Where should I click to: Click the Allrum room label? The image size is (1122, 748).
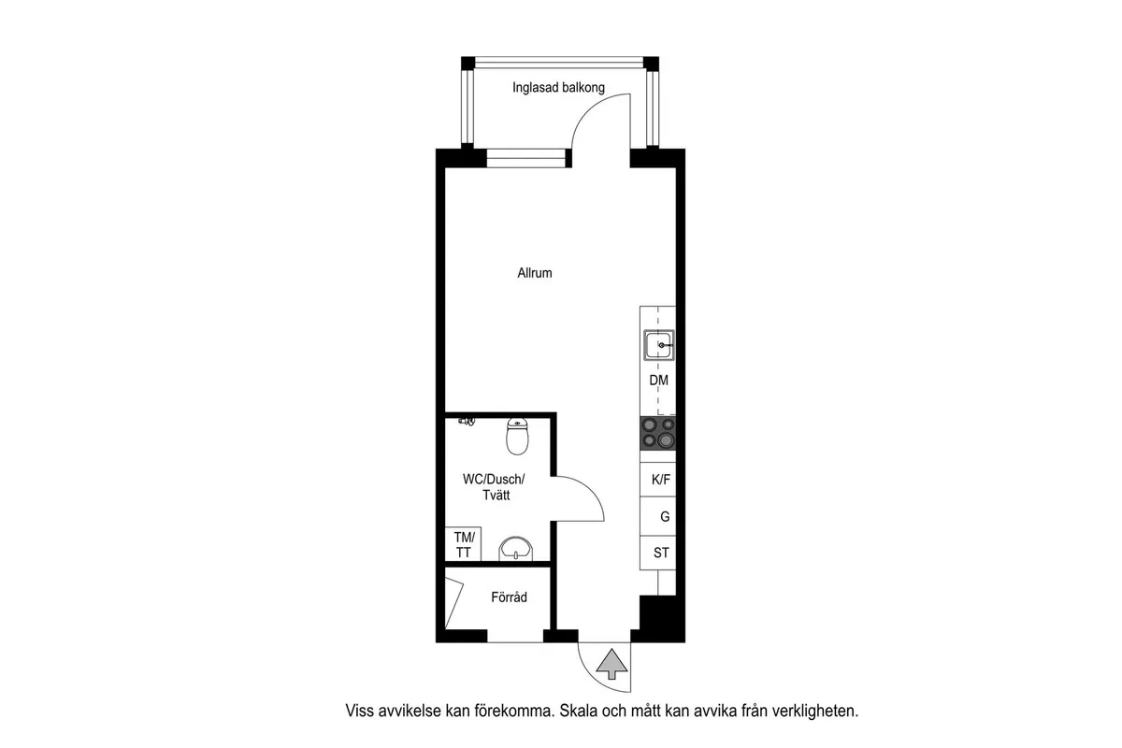[x=535, y=273]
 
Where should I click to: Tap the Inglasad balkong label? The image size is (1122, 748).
[x=558, y=88]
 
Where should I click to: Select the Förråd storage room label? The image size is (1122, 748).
[x=509, y=597]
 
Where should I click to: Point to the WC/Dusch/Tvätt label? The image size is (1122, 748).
[x=494, y=487]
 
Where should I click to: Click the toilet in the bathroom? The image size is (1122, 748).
[x=517, y=436]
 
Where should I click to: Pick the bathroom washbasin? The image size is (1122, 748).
[x=515, y=549]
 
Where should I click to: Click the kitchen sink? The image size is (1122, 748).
[x=658, y=345]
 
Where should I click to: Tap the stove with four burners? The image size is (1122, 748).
[x=657, y=433]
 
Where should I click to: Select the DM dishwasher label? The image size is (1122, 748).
[x=658, y=381]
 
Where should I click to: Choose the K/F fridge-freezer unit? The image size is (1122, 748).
[x=657, y=480]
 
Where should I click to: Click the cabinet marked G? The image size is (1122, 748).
[x=657, y=516]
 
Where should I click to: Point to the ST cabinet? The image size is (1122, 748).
[x=657, y=553]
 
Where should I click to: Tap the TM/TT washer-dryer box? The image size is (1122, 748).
[x=464, y=544]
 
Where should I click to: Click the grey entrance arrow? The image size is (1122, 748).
[x=611, y=664]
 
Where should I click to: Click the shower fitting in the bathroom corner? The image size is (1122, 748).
[x=467, y=422]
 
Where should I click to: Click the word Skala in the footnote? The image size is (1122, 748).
[x=578, y=711]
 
